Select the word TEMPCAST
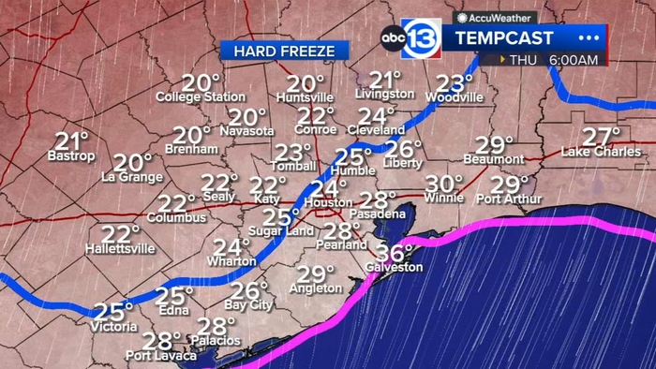coord(504,37)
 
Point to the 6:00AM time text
coord(574,60)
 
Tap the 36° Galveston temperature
coord(395,253)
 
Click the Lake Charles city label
coord(601,152)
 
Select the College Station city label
coord(201,96)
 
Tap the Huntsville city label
coord(306,97)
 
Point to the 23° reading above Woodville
coord(455,82)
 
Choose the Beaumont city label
coord(494,160)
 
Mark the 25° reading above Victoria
coord(113,312)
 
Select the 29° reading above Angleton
coord(316,274)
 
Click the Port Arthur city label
coord(509,199)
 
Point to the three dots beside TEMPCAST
coord(589,37)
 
